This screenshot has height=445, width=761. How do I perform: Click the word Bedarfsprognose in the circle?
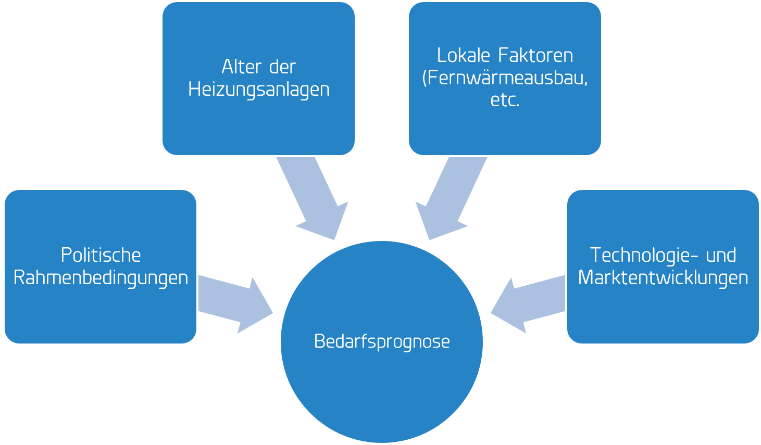[382, 341]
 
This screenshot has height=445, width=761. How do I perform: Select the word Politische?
[101, 255]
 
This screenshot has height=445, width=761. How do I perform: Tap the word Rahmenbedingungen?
[101, 277]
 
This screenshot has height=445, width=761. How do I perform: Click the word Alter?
[239, 67]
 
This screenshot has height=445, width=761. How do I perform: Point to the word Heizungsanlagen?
[258, 89]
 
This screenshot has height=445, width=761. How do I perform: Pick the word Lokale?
[464, 55]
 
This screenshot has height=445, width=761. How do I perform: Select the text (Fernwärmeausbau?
[505, 78]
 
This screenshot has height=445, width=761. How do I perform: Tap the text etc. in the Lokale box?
[505, 100]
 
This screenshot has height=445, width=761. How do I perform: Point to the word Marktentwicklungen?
[663, 277]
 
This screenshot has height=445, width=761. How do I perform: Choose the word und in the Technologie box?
[721, 255]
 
